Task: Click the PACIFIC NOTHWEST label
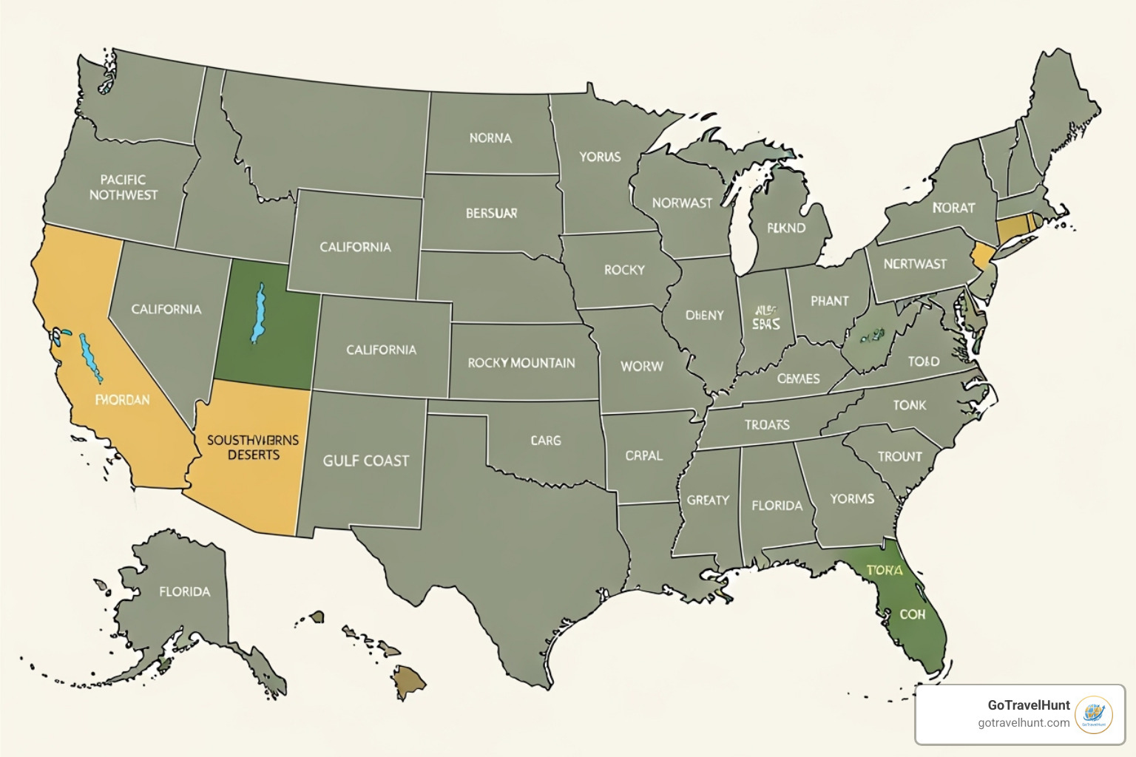(124, 187)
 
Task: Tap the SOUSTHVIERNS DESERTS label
(253, 447)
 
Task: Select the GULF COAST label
(365, 461)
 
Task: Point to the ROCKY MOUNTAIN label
(521, 363)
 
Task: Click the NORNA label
(490, 138)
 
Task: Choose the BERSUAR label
(491, 213)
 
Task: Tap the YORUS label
(600, 157)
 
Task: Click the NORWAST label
(682, 203)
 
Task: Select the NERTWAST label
(915, 264)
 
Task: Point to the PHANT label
(829, 301)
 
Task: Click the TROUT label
(899, 457)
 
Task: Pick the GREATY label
(708, 500)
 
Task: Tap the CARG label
(546, 441)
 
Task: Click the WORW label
(641, 366)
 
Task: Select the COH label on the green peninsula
(912, 614)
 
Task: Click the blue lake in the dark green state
(258, 313)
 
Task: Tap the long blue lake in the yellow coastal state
(91, 359)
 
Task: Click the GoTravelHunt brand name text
(1028, 705)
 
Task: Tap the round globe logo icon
(1093, 715)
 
